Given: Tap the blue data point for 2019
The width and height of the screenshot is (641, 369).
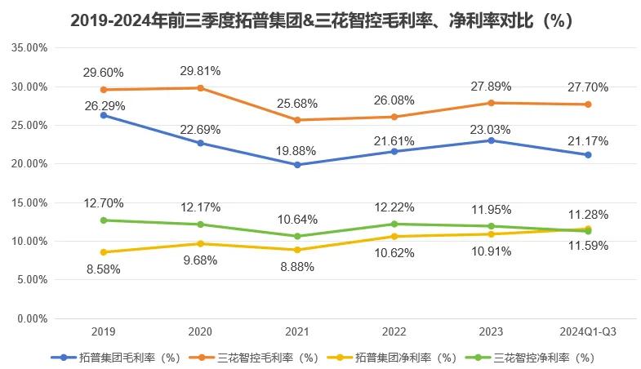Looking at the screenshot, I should pos(105,115).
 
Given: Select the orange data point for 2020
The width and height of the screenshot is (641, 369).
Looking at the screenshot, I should pos(201,87).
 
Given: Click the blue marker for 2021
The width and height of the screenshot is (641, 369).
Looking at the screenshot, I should pos(298,165).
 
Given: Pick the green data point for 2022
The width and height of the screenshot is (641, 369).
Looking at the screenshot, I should pos(394,224).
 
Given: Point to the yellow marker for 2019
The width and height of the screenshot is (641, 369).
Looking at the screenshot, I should pos(105,252).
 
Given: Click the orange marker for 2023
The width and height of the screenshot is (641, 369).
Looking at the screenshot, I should pos(491,103).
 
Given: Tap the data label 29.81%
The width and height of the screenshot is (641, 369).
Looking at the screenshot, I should pos(201,70).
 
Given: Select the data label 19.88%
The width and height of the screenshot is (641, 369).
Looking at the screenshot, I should pos(298,149).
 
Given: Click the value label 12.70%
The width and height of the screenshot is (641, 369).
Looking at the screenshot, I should pos(105,202).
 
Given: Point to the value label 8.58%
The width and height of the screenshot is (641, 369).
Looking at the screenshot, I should pos(105,269).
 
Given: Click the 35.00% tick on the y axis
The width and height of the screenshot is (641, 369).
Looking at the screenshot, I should pos(29,47).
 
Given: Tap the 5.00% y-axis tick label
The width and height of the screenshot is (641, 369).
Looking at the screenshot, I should pos(31,279).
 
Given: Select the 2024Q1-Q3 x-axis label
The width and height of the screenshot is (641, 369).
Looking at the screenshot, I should pos(587,331).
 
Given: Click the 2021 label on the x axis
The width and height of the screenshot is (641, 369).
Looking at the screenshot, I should pos(298,331).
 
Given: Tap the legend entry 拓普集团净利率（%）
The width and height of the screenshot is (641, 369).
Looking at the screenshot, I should pos(397,357).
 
